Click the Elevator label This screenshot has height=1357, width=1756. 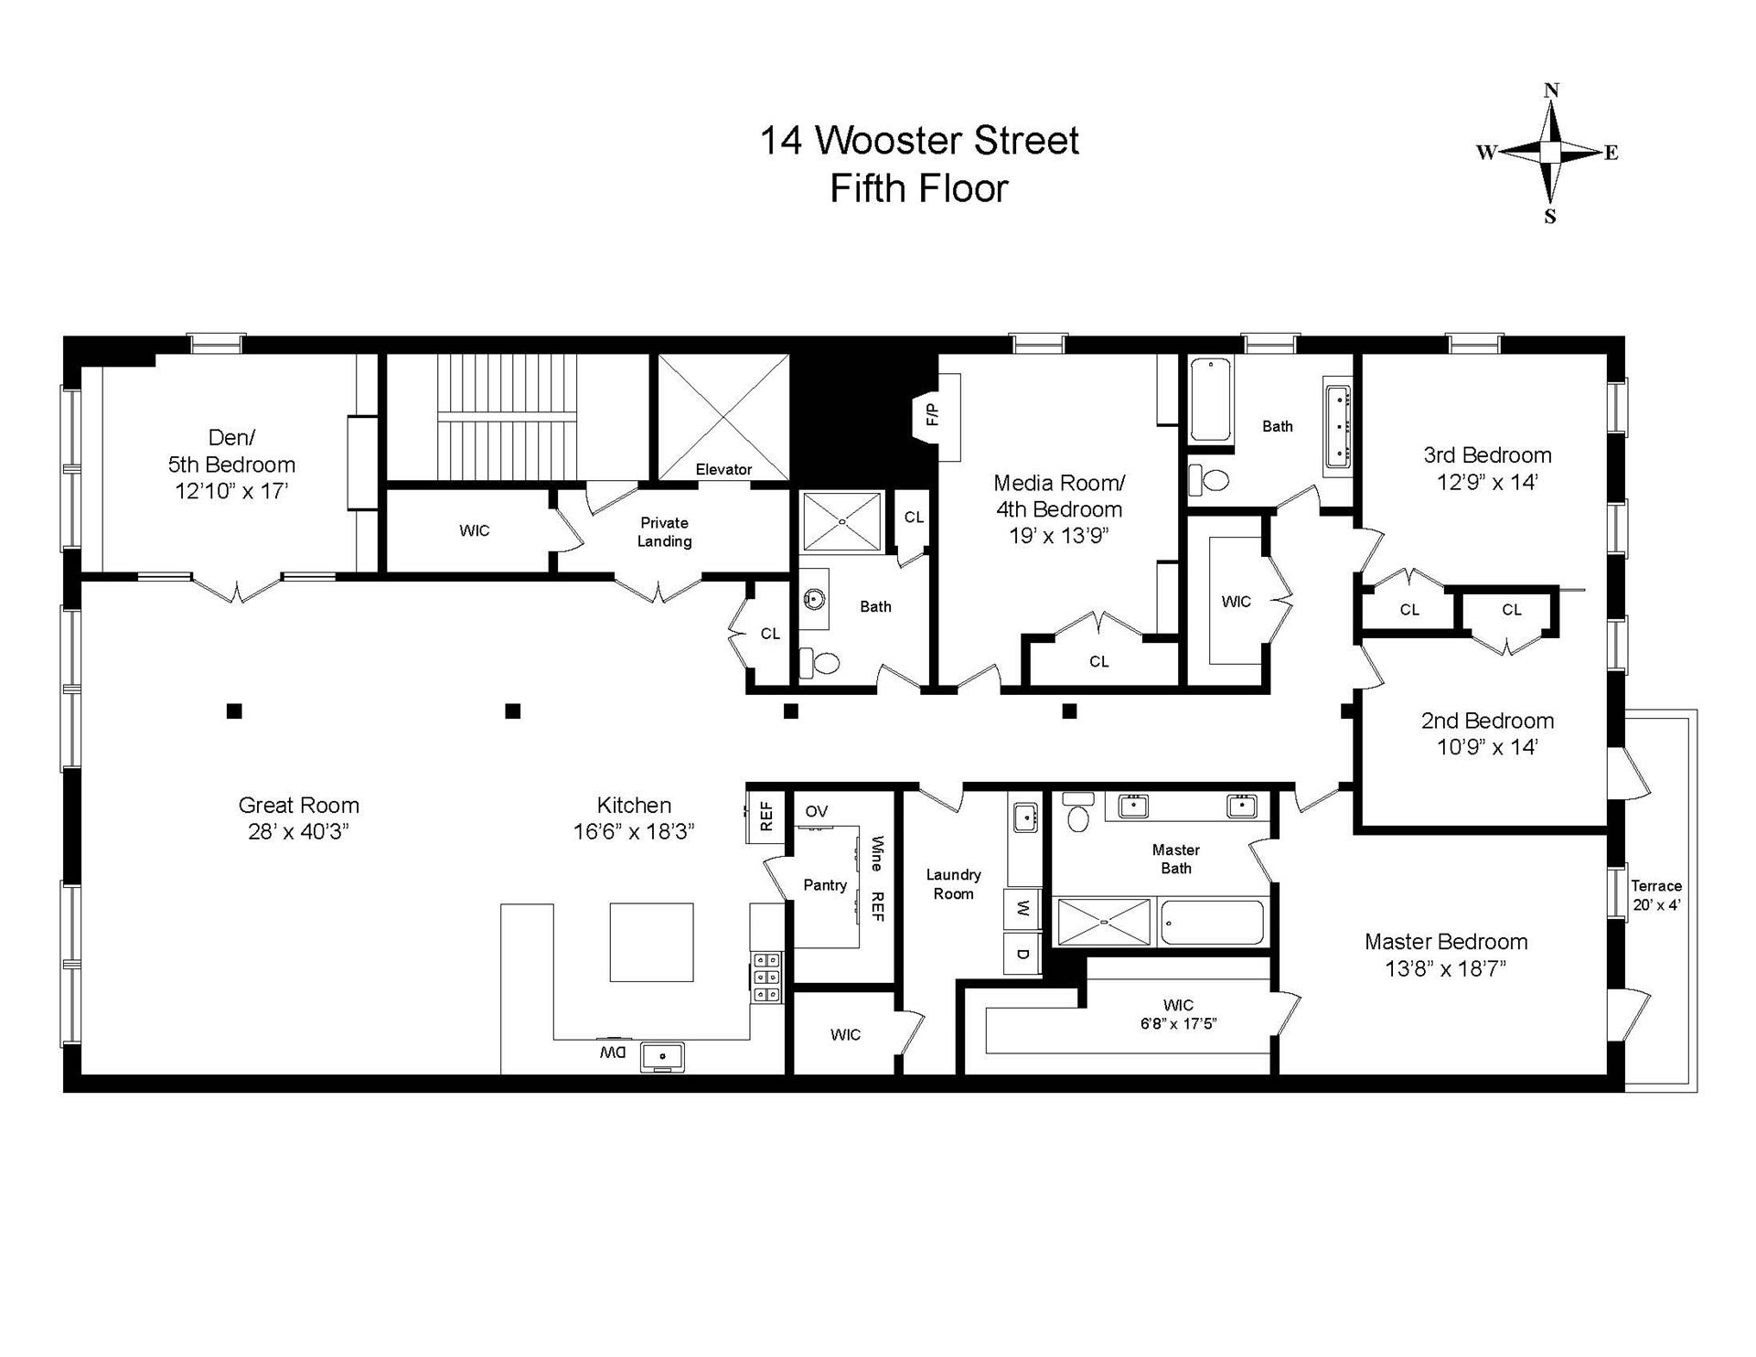(x=723, y=469)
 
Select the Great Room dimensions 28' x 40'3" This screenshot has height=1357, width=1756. (x=299, y=832)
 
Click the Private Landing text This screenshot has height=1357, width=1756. (x=664, y=531)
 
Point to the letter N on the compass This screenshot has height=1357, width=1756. (x=1551, y=90)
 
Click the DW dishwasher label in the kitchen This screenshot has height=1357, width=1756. (x=612, y=1052)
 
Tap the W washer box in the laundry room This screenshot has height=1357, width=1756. (x=1023, y=909)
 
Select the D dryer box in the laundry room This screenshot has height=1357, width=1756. (x=1023, y=954)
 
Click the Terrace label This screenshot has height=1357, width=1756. (x=1656, y=885)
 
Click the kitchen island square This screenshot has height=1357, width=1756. (x=651, y=942)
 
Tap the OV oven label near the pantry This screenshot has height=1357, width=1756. (x=816, y=811)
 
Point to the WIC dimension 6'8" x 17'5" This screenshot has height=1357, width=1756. (x=1178, y=1023)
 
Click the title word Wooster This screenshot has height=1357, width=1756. (x=888, y=141)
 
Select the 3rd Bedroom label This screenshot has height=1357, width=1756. (x=1487, y=454)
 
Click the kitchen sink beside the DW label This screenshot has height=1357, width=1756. (x=661, y=1056)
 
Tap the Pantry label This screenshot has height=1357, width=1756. (x=825, y=884)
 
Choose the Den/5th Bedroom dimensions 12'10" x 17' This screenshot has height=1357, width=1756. (x=231, y=491)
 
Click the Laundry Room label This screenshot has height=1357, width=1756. (x=953, y=884)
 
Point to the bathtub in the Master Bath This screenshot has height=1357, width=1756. (x=1213, y=923)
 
